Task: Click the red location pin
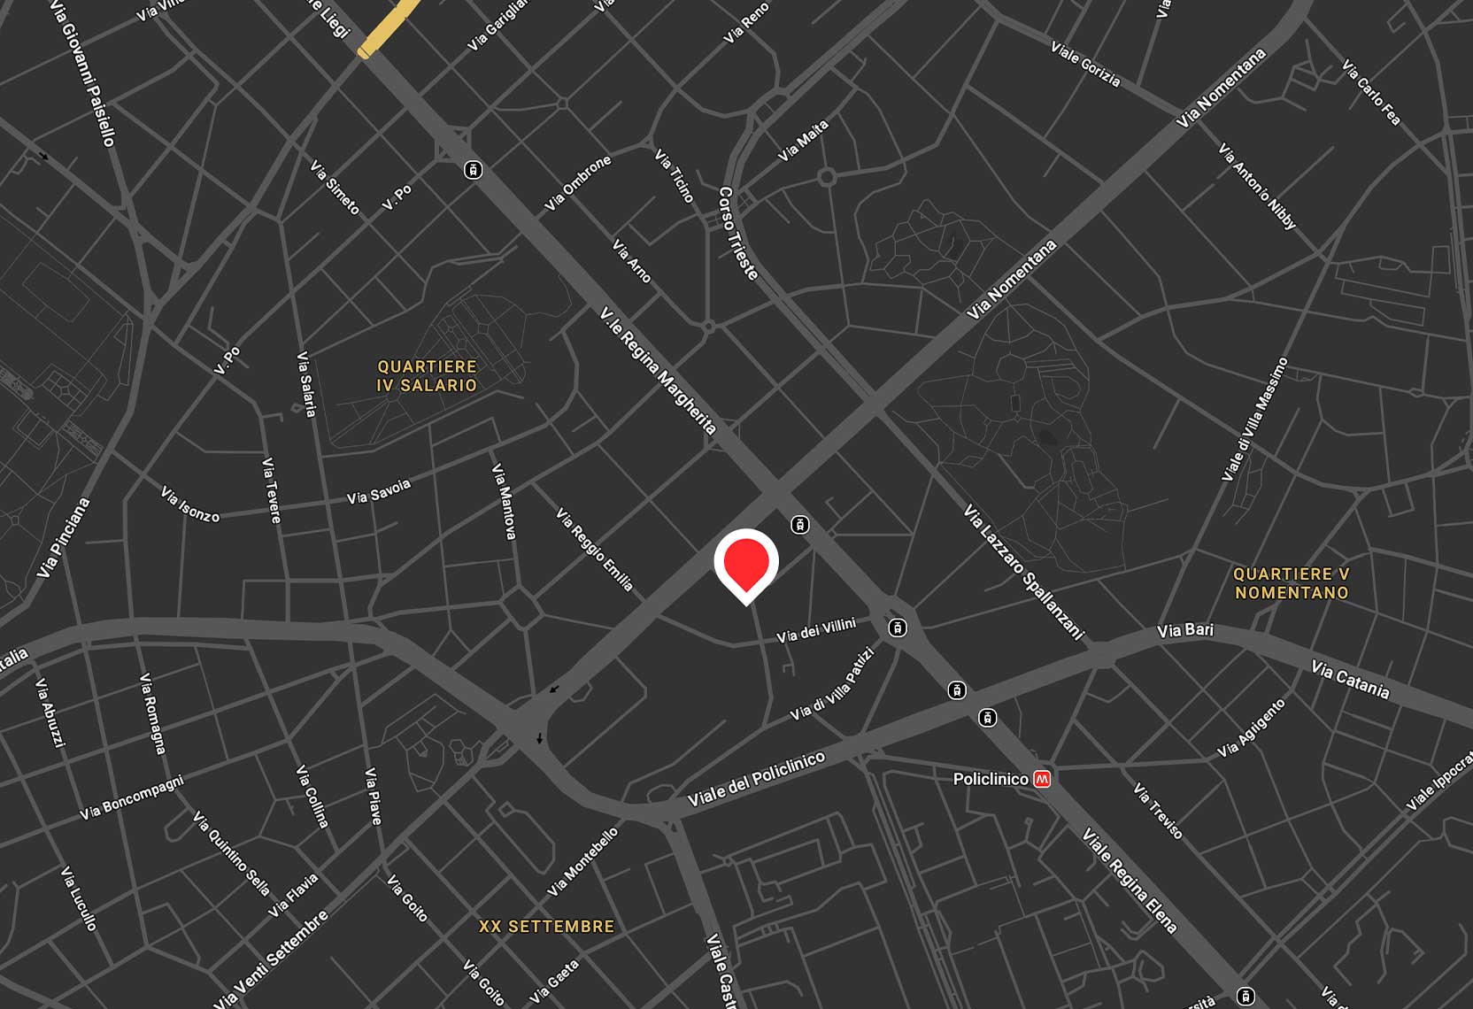pos(746,563)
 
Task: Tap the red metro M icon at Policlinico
pos(1042,779)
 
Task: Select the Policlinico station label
pos(991,779)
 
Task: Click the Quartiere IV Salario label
pos(427,376)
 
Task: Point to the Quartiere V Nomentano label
pos(1292,583)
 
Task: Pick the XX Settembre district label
pos(546,927)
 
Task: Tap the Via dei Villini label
pos(816,630)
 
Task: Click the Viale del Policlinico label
pos(756,779)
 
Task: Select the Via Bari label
pos(1185,630)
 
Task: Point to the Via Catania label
pos(1350,680)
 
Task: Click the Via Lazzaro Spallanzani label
pos(1023,572)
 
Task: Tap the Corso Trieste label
pos(738,234)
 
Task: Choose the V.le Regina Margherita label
pos(658,371)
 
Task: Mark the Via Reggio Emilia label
pos(595,550)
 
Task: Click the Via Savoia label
pos(379,492)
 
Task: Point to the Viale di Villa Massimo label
pos(1254,420)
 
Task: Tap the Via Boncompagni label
pos(132,797)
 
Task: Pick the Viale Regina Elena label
pos(1130,881)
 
